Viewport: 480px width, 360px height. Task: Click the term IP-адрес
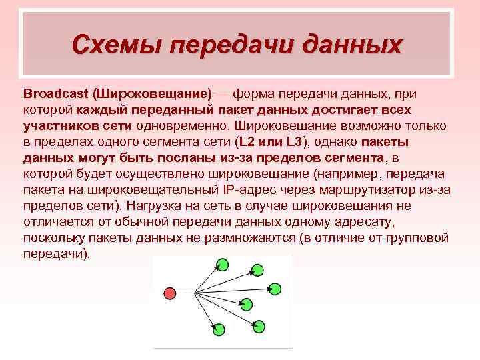click(249, 189)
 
